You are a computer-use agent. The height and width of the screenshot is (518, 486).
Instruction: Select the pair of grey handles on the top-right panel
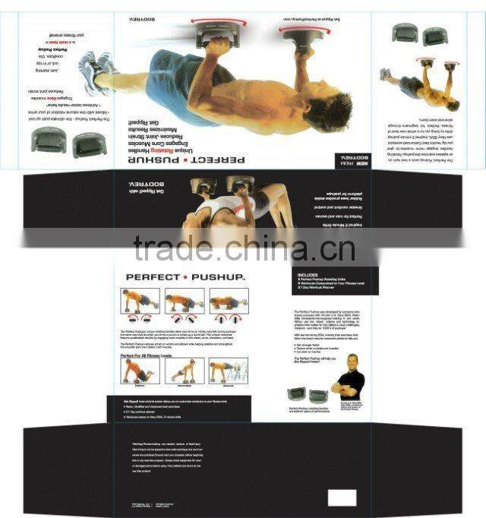click(x=418, y=34)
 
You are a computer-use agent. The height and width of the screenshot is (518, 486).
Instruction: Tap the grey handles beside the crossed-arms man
click(x=308, y=395)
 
